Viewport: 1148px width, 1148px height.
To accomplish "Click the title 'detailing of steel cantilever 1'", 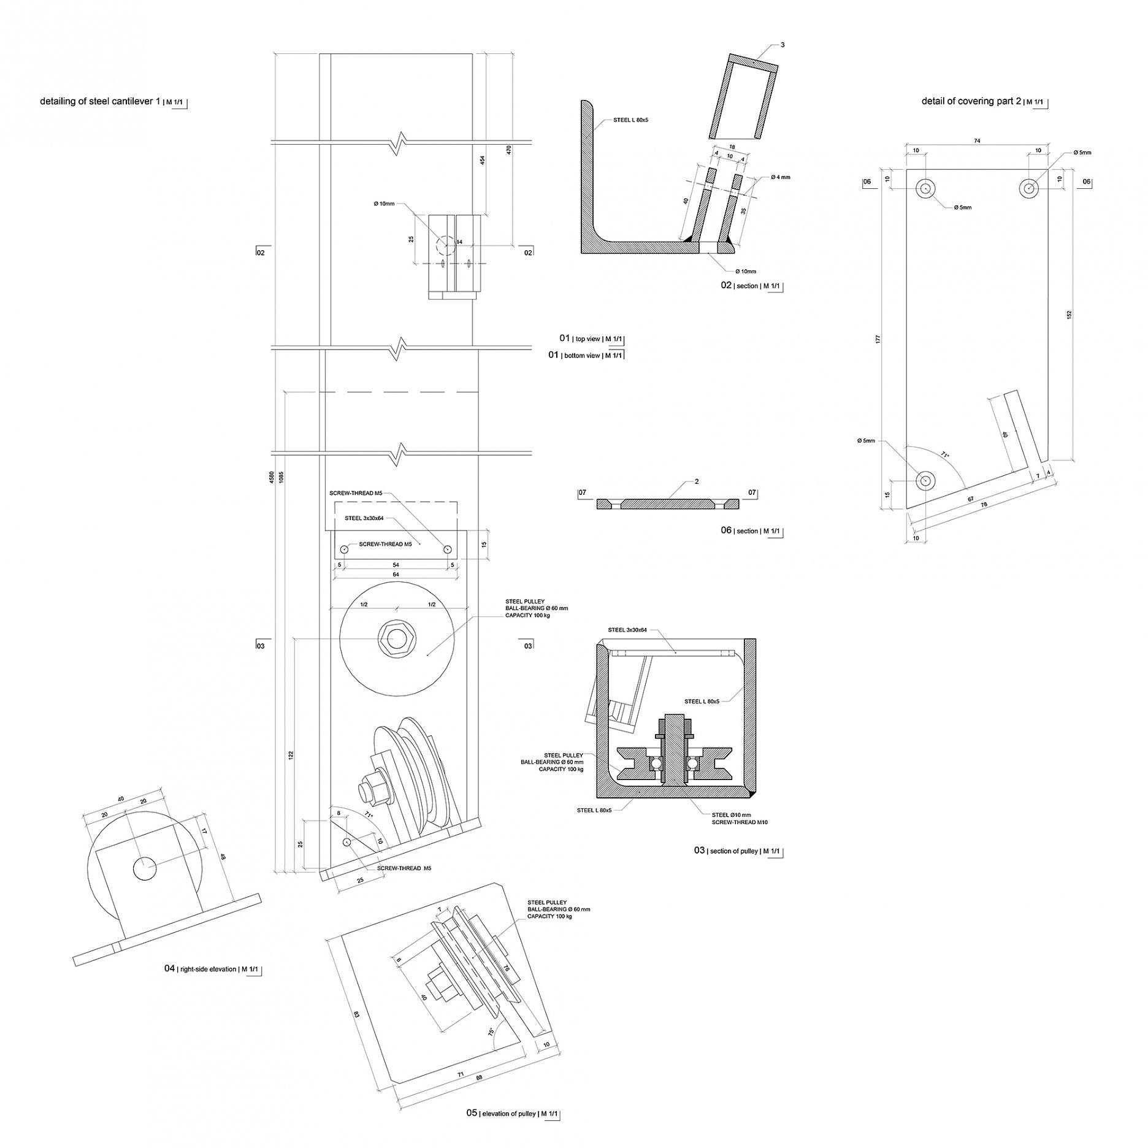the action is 100,101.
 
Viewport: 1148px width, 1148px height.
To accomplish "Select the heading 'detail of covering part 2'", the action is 971,101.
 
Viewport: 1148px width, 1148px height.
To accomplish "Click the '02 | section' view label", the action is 740,286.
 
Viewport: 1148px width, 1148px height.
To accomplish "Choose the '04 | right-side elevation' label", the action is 200,968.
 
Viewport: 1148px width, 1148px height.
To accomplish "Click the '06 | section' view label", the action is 740,530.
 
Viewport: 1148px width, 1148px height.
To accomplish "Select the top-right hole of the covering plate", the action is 1030,188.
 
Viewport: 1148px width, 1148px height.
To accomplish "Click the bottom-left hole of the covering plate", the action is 925,481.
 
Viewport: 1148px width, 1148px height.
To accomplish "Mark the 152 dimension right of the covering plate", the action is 1069,314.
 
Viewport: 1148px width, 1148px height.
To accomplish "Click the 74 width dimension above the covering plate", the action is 977,141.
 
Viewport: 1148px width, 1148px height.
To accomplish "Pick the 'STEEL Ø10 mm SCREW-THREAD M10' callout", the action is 739,818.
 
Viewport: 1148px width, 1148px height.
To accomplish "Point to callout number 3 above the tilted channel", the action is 783,45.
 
